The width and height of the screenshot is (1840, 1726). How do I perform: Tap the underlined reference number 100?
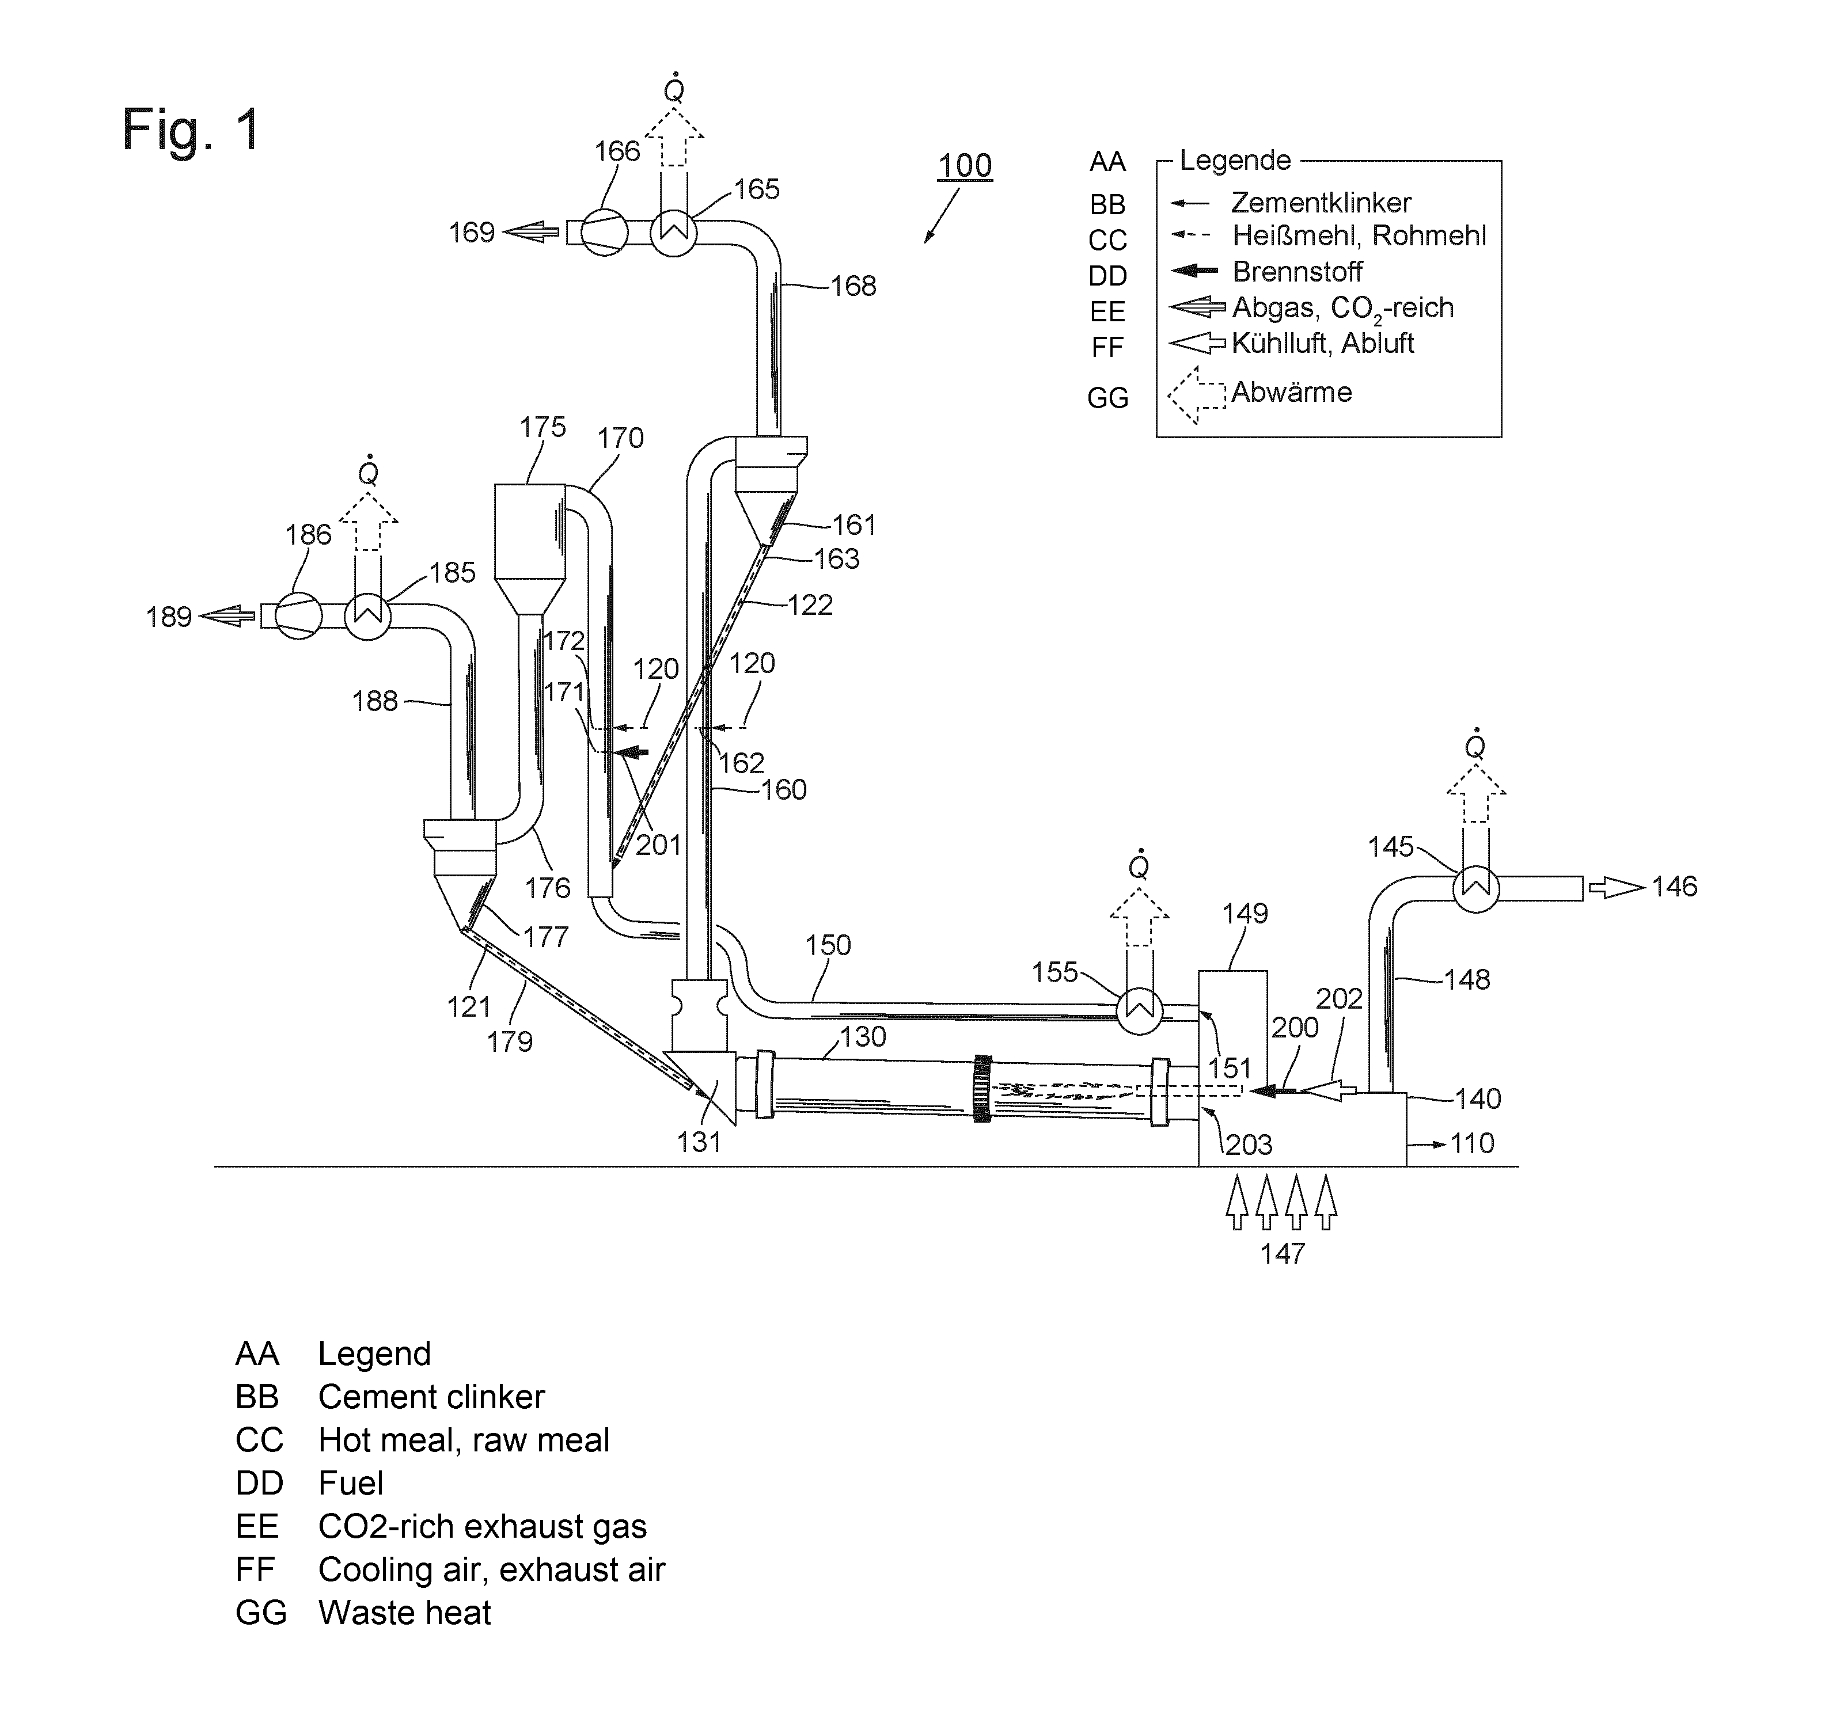pos(965,166)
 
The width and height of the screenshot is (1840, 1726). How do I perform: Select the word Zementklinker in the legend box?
pos(1321,203)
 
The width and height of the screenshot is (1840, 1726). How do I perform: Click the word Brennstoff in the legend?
pos(1298,272)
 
